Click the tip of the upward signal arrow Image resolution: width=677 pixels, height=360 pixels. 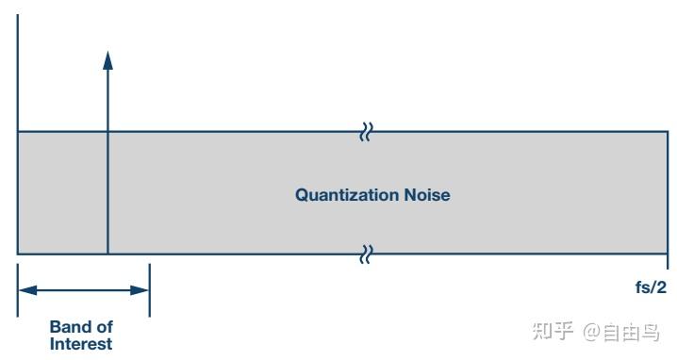pos(107,52)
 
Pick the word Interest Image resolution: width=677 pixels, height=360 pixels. pos(81,344)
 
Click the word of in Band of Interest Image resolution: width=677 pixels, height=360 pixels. pos(103,327)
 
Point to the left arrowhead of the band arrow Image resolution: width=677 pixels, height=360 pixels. pos(25,289)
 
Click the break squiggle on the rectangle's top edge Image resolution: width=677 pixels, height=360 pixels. pos(366,133)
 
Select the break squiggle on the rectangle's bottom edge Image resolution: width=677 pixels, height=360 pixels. pos(366,253)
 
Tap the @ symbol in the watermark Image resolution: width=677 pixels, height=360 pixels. pos(591,331)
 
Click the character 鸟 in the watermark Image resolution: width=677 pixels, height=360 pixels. pos(649,331)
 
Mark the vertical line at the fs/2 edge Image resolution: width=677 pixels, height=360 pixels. pos(669,192)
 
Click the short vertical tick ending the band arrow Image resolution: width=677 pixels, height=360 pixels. pos(150,289)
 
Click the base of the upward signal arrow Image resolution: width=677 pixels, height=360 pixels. pos(107,253)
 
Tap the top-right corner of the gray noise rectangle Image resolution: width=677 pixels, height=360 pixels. pos(668,133)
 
